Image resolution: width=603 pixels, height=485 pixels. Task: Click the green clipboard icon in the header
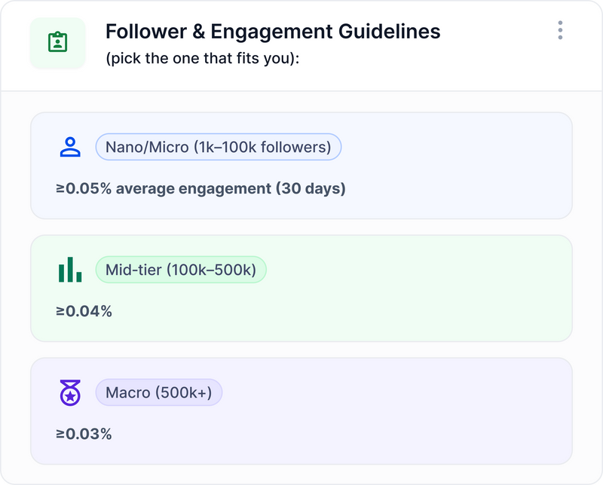(57, 42)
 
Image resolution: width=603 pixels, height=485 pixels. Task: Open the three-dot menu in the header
(560, 30)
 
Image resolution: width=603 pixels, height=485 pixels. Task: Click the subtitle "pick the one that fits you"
(203, 58)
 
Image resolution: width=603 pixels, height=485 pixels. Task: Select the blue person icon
(70, 147)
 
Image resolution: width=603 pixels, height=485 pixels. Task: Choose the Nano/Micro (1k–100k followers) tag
(219, 147)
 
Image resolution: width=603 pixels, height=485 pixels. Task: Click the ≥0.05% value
(84, 188)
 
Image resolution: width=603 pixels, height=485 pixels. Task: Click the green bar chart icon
(70, 270)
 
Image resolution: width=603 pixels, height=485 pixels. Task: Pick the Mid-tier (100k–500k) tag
(181, 270)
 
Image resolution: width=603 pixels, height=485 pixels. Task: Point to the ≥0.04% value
(84, 311)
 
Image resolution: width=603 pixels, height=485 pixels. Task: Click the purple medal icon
(70, 392)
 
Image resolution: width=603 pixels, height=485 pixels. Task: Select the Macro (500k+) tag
(159, 392)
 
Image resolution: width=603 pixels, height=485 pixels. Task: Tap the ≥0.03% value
(84, 434)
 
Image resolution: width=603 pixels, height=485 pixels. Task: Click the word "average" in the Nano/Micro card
(145, 188)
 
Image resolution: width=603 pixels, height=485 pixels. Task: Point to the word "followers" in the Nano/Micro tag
(292, 147)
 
